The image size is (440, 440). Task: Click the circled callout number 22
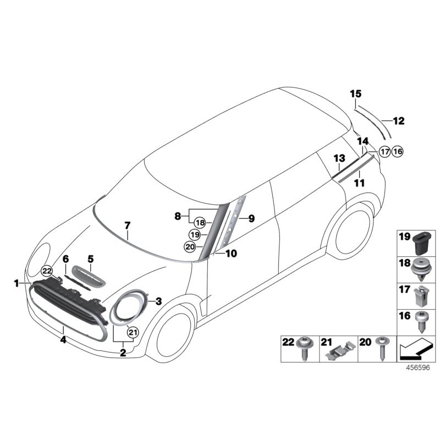click(x=47, y=271)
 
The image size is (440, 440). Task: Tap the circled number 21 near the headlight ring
click(x=133, y=333)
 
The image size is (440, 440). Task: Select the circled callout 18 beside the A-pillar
click(x=200, y=223)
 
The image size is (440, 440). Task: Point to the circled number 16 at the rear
click(x=397, y=152)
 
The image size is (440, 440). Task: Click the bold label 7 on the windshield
click(x=128, y=226)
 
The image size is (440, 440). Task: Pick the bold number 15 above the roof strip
click(x=355, y=94)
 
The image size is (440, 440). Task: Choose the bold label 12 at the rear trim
click(x=399, y=121)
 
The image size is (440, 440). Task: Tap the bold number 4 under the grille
click(x=63, y=340)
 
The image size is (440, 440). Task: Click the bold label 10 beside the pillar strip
click(x=231, y=254)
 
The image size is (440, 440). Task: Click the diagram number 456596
click(x=418, y=367)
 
